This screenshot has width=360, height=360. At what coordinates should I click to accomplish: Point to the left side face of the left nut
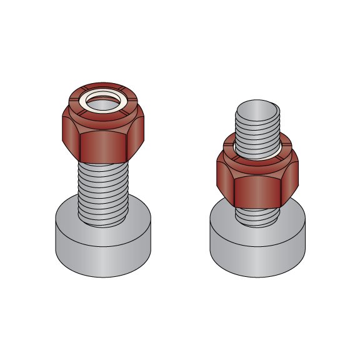[x=70, y=136]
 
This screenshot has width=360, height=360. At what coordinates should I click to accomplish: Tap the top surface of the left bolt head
[x=69, y=216]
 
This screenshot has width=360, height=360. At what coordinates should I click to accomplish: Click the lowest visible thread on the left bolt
[x=104, y=220]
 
